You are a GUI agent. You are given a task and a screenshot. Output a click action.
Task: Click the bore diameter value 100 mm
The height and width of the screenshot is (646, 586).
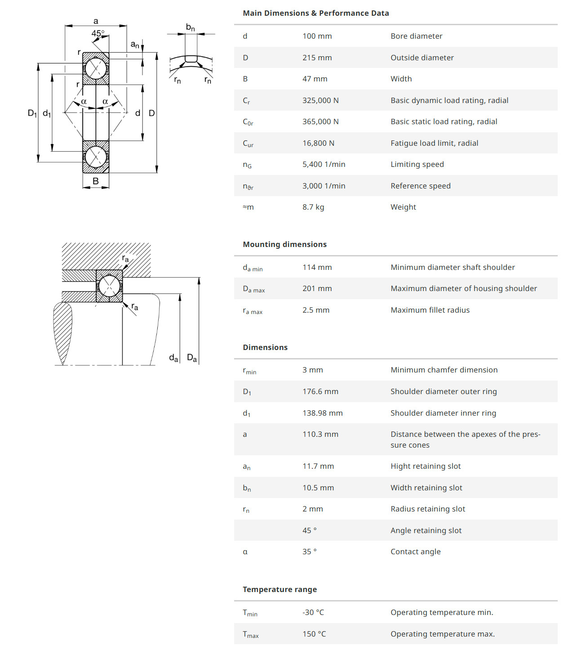(x=317, y=36)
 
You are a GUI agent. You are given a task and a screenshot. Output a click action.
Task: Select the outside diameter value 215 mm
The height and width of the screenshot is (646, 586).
(x=317, y=58)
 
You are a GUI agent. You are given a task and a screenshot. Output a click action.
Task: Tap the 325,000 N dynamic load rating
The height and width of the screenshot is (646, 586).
(x=320, y=100)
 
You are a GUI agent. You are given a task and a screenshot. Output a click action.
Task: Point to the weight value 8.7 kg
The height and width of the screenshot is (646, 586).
(x=313, y=207)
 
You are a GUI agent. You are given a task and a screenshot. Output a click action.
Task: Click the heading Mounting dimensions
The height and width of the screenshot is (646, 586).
(x=284, y=244)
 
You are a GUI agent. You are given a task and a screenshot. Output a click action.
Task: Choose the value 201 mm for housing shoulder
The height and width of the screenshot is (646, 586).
(x=317, y=288)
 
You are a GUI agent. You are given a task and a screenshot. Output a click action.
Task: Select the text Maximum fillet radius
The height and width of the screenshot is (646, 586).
(x=430, y=310)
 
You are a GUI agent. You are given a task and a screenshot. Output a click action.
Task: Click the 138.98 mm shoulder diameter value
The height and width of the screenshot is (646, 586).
(x=322, y=413)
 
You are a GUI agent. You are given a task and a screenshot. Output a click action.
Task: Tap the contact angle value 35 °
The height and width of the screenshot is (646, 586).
(x=309, y=552)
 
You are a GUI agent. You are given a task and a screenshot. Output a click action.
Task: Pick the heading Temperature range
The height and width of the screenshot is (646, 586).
(x=280, y=589)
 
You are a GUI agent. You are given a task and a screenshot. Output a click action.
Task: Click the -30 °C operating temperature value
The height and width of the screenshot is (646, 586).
(x=313, y=612)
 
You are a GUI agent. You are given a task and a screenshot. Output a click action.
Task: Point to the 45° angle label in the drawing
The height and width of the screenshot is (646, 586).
(x=98, y=33)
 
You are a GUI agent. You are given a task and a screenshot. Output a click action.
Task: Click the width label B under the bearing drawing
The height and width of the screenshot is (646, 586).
(x=96, y=181)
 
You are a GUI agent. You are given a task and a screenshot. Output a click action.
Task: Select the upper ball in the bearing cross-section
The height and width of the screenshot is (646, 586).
(x=96, y=68)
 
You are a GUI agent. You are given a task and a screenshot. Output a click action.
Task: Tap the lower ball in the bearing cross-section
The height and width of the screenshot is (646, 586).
(x=96, y=157)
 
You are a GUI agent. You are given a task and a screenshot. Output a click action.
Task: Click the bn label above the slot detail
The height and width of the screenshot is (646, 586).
(x=191, y=27)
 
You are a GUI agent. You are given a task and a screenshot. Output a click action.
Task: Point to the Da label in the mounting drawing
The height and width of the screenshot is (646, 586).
(x=192, y=358)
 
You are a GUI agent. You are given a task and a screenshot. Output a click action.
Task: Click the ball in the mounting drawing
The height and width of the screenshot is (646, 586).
(x=109, y=286)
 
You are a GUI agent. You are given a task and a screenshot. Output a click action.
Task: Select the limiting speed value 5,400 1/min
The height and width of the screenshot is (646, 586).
(x=324, y=164)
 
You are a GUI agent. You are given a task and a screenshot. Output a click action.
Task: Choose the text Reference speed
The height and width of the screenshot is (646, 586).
(x=420, y=186)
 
